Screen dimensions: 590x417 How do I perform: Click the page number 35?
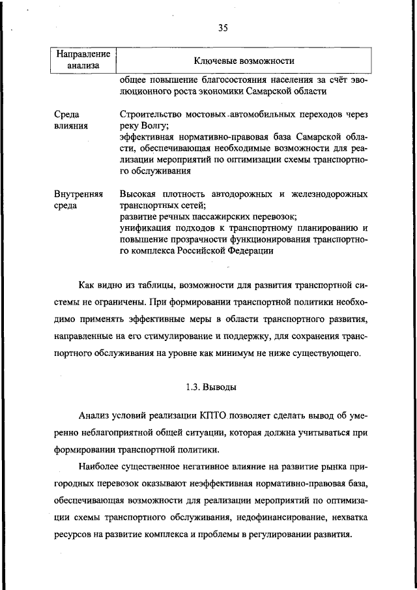click(x=222, y=27)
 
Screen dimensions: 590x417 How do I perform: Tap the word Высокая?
click(x=139, y=194)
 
